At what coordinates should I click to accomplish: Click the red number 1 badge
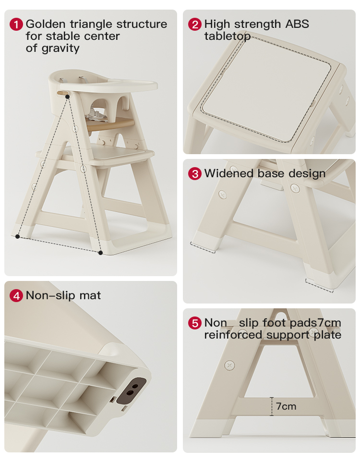(x=16, y=24)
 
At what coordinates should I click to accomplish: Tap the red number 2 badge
(x=195, y=24)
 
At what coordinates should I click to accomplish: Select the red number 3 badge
(x=195, y=173)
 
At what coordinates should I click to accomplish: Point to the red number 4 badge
(x=16, y=295)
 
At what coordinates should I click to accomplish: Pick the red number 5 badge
(x=195, y=323)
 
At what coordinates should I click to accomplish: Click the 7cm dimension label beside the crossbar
(x=286, y=406)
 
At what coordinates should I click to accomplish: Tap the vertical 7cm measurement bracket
(x=272, y=406)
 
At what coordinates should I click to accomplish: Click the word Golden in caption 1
(x=46, y=24)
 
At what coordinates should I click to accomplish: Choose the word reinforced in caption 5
(x=233, y=335)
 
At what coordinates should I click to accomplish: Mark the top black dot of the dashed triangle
(x=68, y=97)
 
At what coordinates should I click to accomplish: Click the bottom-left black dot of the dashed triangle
(x=17, y=236)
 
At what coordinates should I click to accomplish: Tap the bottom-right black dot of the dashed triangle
(x=100, y=253)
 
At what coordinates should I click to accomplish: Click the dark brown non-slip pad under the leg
(x=132, y=390)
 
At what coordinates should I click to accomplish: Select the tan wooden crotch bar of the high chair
(x=110, y=124)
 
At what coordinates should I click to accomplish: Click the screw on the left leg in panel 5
(x=229, y=365)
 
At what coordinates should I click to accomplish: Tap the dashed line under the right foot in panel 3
(x=319, y=286)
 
